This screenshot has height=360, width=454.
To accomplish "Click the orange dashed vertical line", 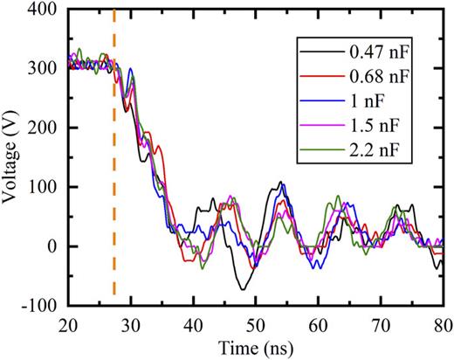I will point(114,175).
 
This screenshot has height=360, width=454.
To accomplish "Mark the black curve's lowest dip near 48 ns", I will point(242,289).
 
